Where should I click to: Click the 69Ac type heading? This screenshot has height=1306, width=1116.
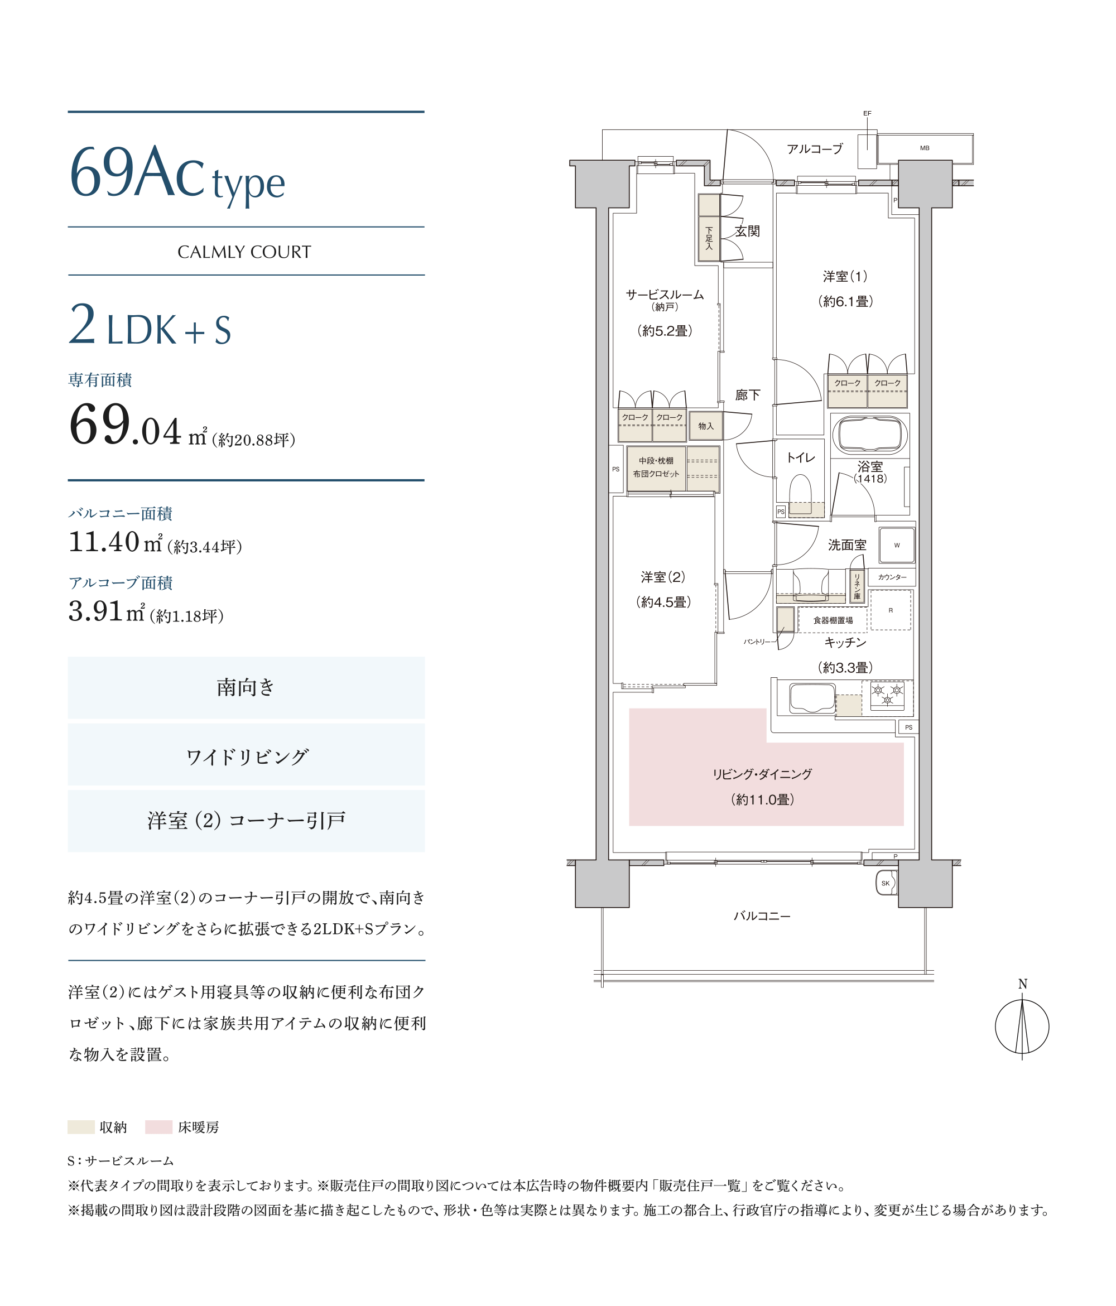(x=176, y=174)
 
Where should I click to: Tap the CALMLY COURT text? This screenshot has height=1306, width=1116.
(x=244, y=252)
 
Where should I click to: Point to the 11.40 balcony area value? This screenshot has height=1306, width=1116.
(x=103, y=542)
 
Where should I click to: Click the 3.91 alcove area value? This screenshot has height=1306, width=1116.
(x=95, y=611)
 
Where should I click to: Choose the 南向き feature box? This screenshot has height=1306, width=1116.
(x=246, y=687)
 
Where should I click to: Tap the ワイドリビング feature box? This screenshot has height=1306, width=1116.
(x=246, y=755)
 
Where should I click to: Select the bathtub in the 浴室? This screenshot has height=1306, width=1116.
(x=869, y=435)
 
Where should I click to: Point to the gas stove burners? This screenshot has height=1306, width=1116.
(x=887, y=695)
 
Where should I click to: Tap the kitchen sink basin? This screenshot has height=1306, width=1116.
(x=812, y=698)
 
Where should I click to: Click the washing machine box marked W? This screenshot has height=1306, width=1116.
(x=896, y=545)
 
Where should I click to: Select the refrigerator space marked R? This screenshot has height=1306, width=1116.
(x=890, y=610)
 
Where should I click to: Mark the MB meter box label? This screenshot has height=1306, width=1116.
(x=924, y=148)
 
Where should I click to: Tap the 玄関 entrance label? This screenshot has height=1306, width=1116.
(x=747, y=232)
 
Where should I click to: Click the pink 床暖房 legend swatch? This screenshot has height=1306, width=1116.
(x=158, y=1127)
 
